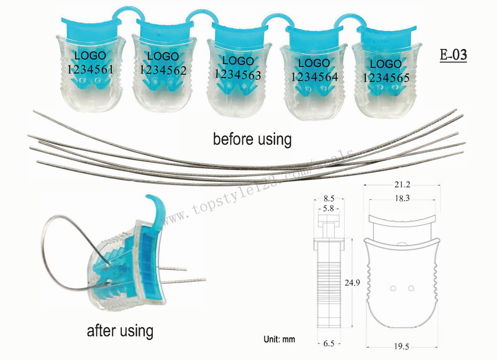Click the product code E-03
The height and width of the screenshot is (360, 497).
coord(453,54)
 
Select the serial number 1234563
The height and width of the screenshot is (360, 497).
coord(237,74)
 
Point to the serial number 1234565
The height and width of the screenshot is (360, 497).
coord(386,78)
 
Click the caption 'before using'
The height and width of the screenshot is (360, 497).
coord(252,138)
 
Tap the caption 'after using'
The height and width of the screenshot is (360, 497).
coord(121,330)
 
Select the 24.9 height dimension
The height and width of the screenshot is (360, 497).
coord(352,283)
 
